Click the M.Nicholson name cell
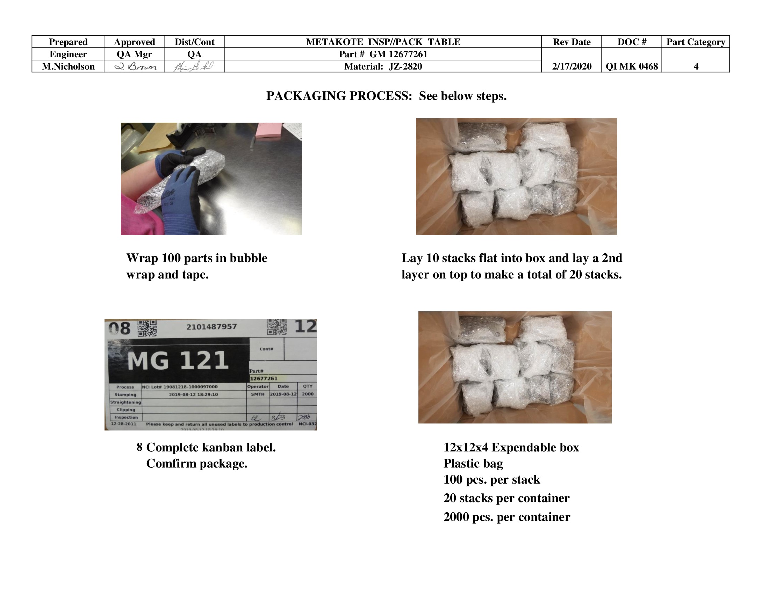point(68,66)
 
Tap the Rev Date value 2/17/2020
point(572,66)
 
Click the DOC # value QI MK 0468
point(632,66)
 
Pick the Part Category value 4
point(696,66)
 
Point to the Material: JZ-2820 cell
point(383,66)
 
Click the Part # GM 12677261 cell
point(383,54)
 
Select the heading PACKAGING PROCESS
point(339,96)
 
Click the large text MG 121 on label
point(178,361)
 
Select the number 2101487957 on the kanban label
point(211,327)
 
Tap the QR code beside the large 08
point(147,328)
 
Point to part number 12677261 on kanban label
point(264,379)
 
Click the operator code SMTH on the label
point(258,394)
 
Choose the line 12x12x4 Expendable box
point(511,448)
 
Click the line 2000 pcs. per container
point(506,517)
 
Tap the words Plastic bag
point(473,464)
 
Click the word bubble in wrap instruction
point(248,258)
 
